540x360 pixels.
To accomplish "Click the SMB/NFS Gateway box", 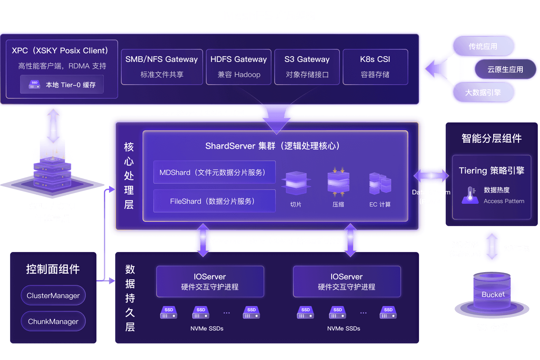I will (x=162, y=67).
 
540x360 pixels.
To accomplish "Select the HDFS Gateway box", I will (x=238, y=67).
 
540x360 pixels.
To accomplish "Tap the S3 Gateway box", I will (x=307, y=67).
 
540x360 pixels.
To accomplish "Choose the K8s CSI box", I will (x=375, y=67).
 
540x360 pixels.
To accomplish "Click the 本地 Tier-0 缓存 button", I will (x=62, y=85).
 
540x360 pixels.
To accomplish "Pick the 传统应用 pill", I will (x=483, y=46).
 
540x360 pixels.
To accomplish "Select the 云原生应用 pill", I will (x=505, y=69).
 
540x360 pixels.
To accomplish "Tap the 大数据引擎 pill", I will (x=483, y=93).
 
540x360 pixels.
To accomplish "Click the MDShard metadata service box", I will (x=214, y=172).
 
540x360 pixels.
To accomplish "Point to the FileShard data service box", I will (x=214, y=201).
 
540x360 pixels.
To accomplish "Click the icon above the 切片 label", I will (x=296, y=183).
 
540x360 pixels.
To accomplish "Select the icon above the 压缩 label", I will (x=338, y=182).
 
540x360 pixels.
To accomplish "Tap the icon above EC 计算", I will (x=380, y=183).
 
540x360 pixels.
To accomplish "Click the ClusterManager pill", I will (x=53, y=296).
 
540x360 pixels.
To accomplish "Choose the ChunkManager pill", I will (x=53, y=321).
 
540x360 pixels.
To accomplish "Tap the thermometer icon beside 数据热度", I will (x=470, y=195).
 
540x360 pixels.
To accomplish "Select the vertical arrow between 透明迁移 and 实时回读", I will (x=492, y=247).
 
